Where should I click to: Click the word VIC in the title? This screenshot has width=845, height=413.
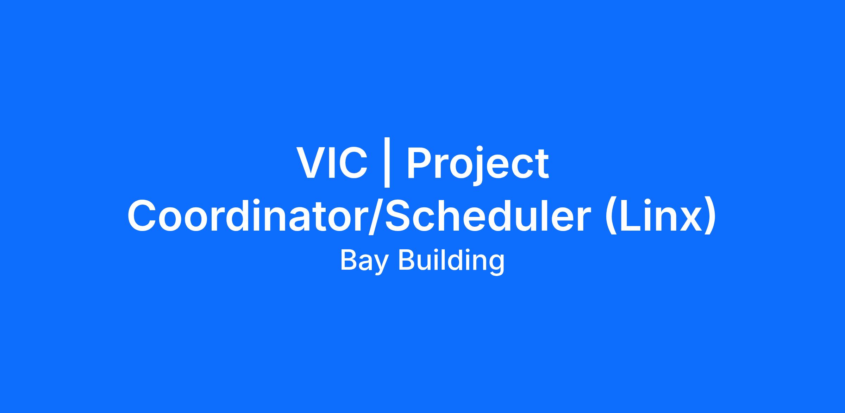pos(332,163)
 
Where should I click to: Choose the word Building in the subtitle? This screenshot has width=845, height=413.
pos(451,261)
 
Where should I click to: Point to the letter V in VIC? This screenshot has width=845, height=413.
pos(311,163)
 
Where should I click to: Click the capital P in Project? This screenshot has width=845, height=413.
pos(419,163)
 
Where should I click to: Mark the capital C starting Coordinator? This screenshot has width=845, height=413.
pos(143,216)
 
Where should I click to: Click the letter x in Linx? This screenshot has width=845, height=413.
pos(688,220)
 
